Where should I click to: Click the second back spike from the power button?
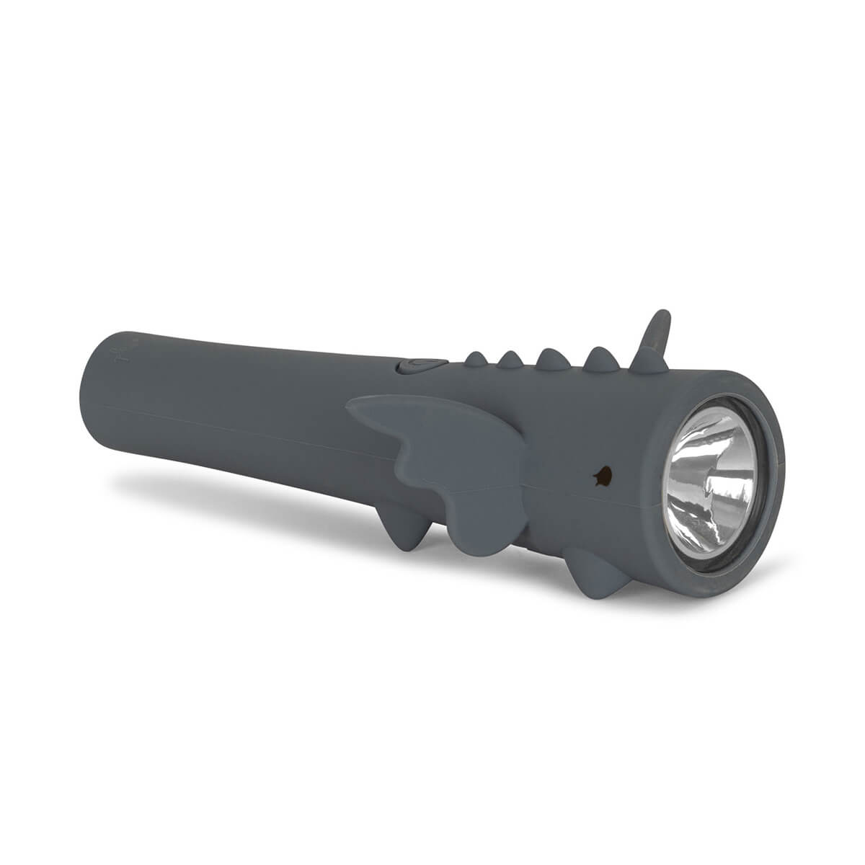point(510,358)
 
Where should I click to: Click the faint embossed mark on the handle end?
point(125,355)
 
